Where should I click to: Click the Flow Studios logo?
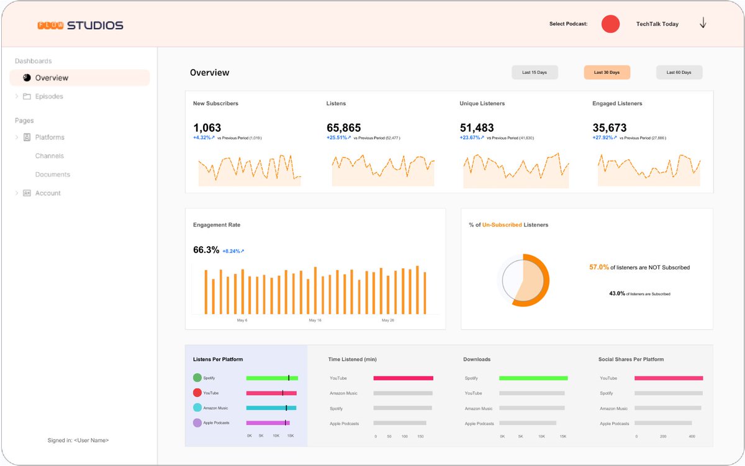[x=80, y=25]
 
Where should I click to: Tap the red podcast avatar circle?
[x=610, y=24]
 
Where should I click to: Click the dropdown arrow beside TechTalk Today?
[x=703, y=24]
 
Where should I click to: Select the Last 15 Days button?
[x=535, y=73]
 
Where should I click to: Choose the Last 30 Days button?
[x=607, y=73]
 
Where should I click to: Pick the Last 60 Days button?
[x=679, y=73]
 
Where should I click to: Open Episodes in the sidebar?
[x=48, y=96]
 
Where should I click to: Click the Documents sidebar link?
[x=52, y=175]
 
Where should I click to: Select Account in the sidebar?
[x=48, y=193]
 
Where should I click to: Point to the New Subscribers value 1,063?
[x=207, y=128]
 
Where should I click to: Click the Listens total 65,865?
[x=343, y=128]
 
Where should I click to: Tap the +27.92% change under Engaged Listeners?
[x=604, y=138]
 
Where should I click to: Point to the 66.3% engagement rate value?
[x=206, y=250]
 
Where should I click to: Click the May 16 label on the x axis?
[x=315, y=321]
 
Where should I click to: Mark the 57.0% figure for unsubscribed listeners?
[x=598, y=267]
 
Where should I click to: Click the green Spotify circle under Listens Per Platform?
[x=197, y=378]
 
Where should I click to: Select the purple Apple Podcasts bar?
[x=268, y=423]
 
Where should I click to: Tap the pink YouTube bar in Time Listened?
[x=403, y=378]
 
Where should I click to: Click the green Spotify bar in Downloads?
[x=533, y=378]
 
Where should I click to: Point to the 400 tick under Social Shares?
[x=692, y=437]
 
